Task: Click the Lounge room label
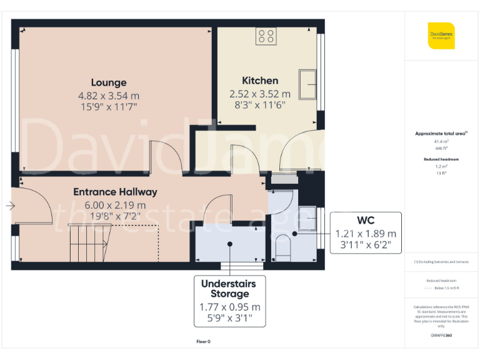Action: (109, 82)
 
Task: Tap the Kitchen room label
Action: (260, 81)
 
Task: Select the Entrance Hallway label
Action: (115, 192)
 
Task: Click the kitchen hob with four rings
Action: (265, 36)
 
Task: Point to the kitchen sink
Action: (307, 85)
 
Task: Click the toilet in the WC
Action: (283, 246)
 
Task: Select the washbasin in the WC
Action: (307, 218)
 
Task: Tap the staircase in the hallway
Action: (87, 243)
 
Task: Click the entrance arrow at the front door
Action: (10, 205)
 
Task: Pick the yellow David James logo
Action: (441, 36)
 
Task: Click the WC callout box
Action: (366, 232)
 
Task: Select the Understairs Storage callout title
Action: (229, 289)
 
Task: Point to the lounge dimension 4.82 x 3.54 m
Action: (109, 96)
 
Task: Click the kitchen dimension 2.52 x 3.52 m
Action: (260, 94)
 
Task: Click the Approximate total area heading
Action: (441, 134)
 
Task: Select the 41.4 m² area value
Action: (441, 142)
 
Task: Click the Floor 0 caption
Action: (203, 341)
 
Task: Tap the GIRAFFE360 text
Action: (441, 336)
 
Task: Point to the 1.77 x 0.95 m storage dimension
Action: (229, 307)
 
